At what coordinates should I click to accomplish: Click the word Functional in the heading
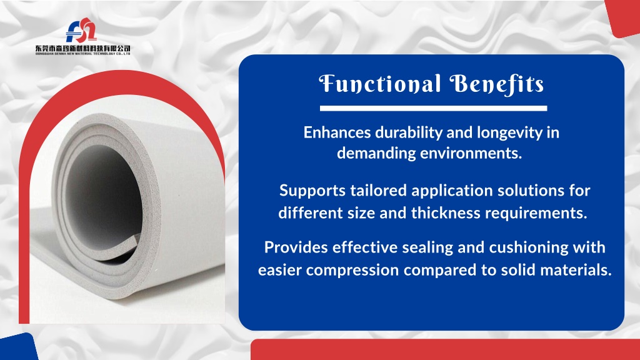(x=379, y=84)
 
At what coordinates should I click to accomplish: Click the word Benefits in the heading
(x=497, y=84)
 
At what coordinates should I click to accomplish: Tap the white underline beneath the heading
(x=433, y=108)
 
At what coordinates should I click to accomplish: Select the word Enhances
(x=337, y=132)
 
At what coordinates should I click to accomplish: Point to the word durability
(x=409, y=133)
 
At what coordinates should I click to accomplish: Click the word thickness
(x=446, y=213)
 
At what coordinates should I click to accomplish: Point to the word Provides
(x=296, y=247)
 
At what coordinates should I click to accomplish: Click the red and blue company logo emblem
(x=82, y=30)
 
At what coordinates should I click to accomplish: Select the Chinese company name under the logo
(x=83, y=49)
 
